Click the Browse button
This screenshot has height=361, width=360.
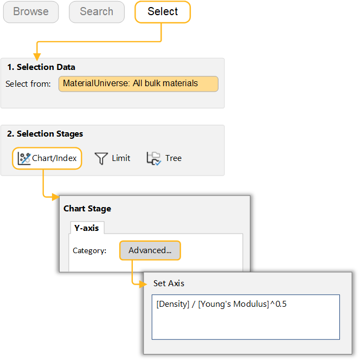[x=31, y=12]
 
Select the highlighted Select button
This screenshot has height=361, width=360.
[x=163, y=12]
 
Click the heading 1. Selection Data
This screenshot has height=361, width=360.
[x=41, y=67]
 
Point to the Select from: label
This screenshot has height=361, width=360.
[x=28, y=84]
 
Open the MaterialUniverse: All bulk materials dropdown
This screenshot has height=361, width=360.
[x=138, y=84]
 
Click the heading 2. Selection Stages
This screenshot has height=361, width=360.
[x=45, y=133]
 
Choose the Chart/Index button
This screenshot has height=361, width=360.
[x=47, y=158]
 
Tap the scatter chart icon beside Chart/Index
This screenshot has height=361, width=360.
[x=24, y=158]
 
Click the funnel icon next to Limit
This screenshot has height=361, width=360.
[x=101, y=158]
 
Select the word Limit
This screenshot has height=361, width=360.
[x=121, y=158]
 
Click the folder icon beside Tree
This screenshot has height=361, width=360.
[x=154, y=158]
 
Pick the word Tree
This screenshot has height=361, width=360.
[x=173, y=158]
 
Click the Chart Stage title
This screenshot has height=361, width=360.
[x=87, y=208]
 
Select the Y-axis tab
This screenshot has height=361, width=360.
[x=87, y=228]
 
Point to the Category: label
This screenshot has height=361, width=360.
[x=89, y=250]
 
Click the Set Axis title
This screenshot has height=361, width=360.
[x=169, y=283]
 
